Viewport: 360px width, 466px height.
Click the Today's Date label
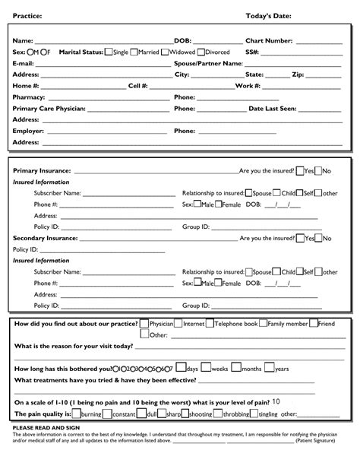268,16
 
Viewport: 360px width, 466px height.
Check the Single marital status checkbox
108,52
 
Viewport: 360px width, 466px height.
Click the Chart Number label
269,40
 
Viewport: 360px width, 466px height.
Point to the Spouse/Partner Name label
208,63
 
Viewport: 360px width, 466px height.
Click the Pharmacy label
29,97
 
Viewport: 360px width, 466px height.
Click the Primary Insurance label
41,171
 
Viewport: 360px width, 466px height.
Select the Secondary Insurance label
45,238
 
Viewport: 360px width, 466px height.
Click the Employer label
28,131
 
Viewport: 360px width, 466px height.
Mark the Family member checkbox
262,323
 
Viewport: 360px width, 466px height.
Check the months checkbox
236,368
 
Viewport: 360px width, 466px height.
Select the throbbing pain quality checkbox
218,414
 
